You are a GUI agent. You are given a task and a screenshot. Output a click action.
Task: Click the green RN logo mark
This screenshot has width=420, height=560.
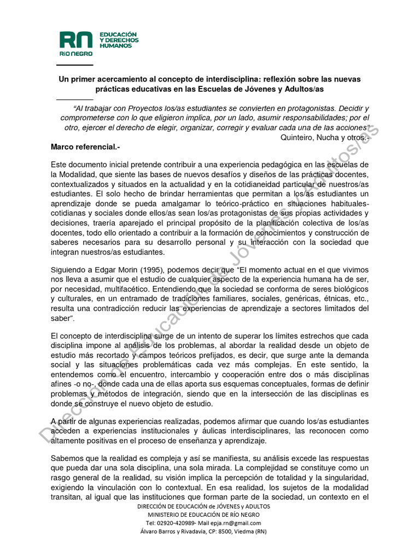(x=76, y=40)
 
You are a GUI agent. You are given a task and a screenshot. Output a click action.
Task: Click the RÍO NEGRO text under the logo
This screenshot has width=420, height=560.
(x=76, y=54)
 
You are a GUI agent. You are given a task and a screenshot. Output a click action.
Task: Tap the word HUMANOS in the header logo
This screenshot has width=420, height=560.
(x=115, y=46)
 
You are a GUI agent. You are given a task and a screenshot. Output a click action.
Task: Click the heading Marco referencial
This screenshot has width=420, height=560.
(x=85, y=147)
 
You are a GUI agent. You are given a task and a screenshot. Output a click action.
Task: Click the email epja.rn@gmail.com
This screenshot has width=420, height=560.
(x=238, y=523)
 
